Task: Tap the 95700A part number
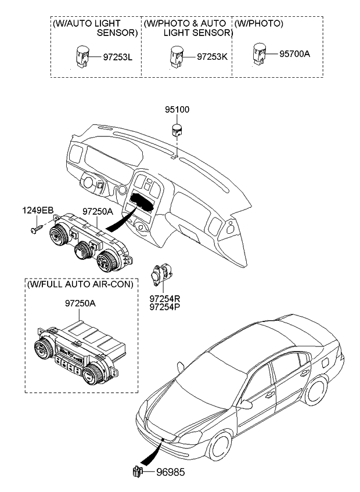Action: (x=294, y=54)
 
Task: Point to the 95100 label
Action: (x=177, y=110)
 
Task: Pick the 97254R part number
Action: (x=165, y=298)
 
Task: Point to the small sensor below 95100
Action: (x=177, y=128)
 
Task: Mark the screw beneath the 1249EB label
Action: (x=35, y=230)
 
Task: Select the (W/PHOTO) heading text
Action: (x=258, y=24)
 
